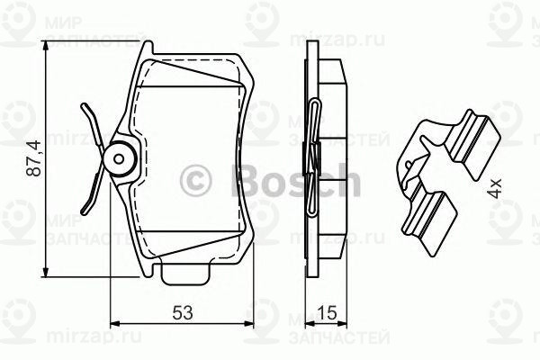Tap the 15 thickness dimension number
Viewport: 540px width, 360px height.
click(328, 315)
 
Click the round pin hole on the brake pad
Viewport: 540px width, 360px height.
click(120, 159)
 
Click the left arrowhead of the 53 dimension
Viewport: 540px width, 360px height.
click(114, 322)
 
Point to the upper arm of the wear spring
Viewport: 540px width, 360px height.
click(92, 124)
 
